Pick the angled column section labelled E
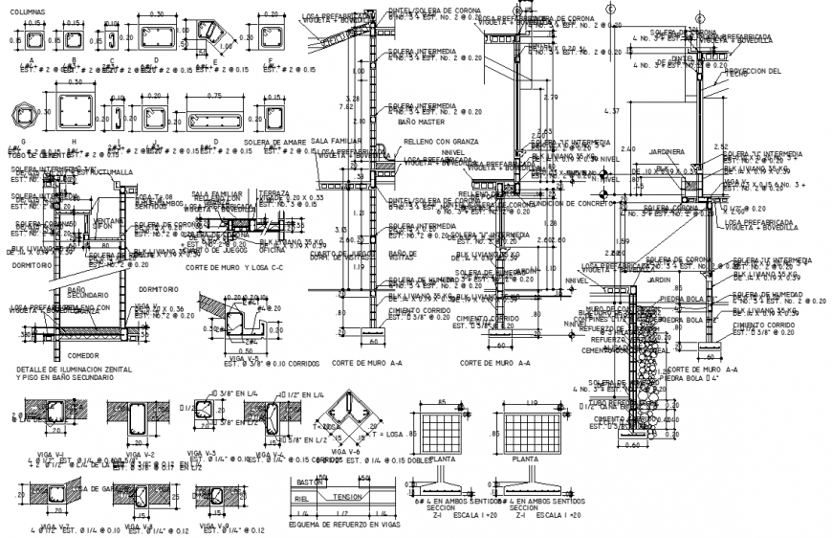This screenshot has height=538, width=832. click(x=212, y=36)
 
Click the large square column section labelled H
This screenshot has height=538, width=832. click(x=77, y=117)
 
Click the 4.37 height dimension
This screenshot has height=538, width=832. click(x=616, y=112)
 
